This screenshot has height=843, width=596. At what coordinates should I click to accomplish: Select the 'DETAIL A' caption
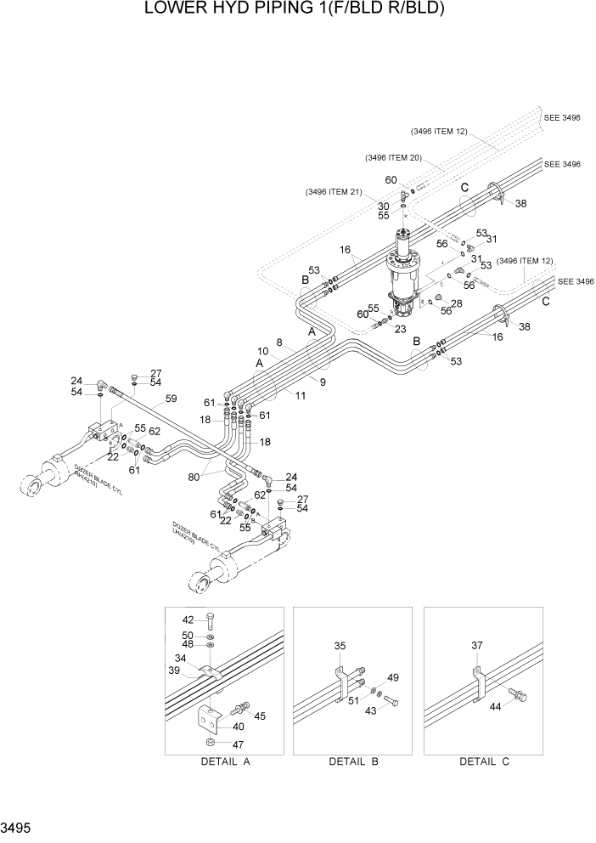(225, 761)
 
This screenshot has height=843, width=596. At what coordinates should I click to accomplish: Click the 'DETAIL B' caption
(354, 761)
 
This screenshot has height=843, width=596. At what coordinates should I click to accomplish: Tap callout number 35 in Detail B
(340, 647)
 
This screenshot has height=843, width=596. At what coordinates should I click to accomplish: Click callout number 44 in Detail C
(496, 707)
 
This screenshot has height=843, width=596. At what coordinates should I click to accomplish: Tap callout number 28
(457, 303)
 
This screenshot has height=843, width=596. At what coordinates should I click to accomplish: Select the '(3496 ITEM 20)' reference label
(393, 158)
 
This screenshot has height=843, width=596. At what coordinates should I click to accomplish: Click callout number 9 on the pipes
(323, 382)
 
